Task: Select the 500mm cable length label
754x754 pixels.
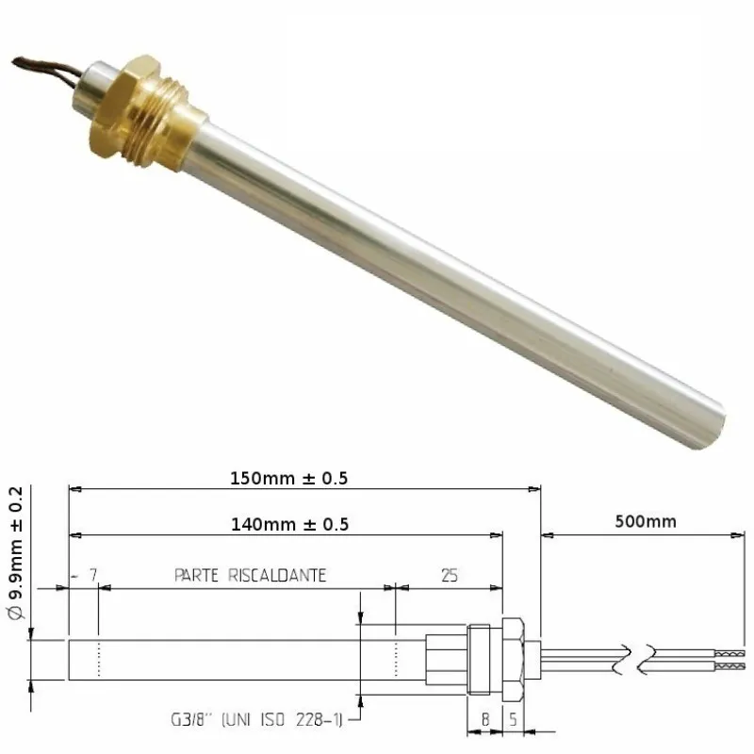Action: tap(644, 520)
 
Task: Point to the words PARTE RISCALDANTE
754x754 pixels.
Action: tap(250, 575)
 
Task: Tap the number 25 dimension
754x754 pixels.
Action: tap(450, 575)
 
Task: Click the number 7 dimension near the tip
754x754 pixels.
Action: tap(91, 575)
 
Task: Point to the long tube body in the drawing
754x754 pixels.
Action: tap(245, 658)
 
